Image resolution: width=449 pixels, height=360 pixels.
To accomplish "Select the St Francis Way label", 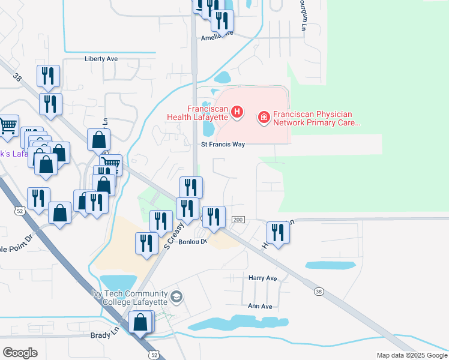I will pos(223,145).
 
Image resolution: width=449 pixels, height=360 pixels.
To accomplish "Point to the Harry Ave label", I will pos(263,278).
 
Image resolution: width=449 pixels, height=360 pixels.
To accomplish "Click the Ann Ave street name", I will pos(261,306).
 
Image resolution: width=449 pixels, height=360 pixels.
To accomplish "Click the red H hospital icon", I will pos(238,112).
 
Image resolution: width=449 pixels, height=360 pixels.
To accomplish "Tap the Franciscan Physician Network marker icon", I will pos(263,118).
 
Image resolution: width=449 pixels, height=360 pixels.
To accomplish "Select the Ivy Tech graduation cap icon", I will pos(176,296).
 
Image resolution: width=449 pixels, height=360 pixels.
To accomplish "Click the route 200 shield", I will pos(238,221).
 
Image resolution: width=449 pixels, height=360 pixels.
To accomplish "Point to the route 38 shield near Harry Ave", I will pos(318,291).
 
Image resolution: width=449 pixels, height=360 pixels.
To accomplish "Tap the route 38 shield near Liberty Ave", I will pos(17,77).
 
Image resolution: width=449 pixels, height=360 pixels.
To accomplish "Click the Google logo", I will pos(20,352).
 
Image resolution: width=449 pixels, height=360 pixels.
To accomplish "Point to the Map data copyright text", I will pos(411,355).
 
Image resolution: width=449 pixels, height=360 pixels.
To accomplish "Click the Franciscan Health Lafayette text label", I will pos(207,113).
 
